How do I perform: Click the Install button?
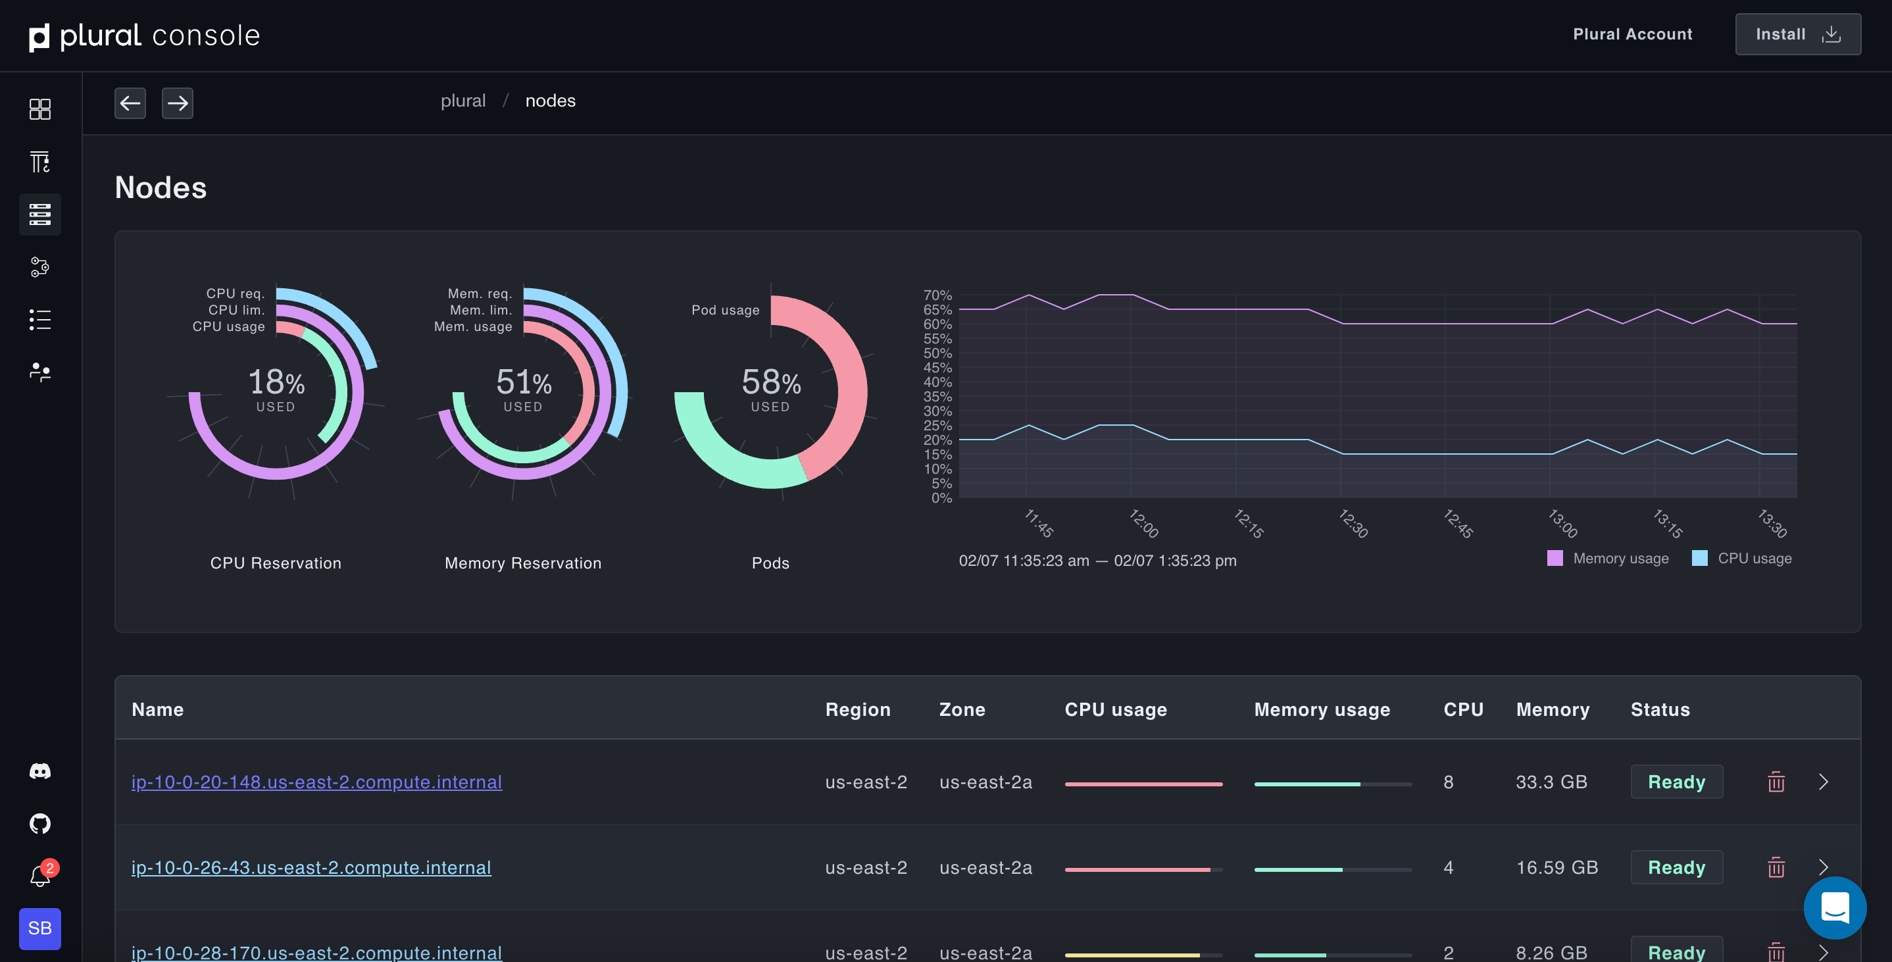tap(1797, 34)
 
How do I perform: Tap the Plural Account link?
tap(1632, 34)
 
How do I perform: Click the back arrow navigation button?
tap(130, 103)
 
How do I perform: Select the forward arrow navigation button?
tap(177, 103)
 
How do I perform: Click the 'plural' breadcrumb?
tap(462, 101)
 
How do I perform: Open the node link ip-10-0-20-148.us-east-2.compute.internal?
tap(316, 782)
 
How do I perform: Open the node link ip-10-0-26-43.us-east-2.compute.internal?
tap(311, 867)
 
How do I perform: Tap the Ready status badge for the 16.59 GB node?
tap(1676, 867)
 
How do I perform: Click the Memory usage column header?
tap(1322, 709)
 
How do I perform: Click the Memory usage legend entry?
tap(1608, 559)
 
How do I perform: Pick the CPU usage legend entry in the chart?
tap(1742, 559)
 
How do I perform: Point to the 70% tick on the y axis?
tap(937, 295)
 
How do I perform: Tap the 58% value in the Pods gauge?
tap(770, 383)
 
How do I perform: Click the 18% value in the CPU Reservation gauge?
tap(276, 383)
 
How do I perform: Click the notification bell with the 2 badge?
tap(40, 875)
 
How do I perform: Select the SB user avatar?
tap(39, 928)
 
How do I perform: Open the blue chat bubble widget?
tap(1834, 907)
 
